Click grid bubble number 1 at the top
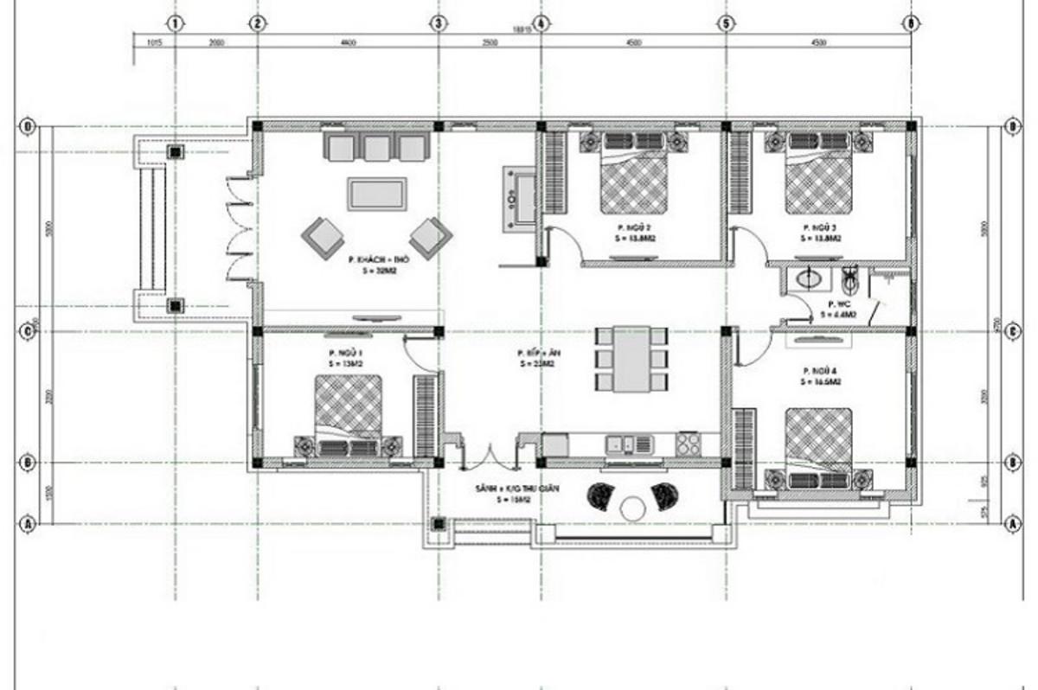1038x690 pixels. pyautogui.click(x=176, y=22)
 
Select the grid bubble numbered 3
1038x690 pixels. pyautogui.click(x=439, y=22)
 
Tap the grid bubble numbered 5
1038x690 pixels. pyautogui.click(x=725, y=22)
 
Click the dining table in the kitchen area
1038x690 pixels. pyautogui.click(x=631, y=359)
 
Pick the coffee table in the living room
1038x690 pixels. pyautogui.click(x=376, y=193)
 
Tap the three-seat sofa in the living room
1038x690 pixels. pyautogui.click(x=376, y=146)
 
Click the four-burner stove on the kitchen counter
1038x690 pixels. pyautogui.click(x=689, y=444)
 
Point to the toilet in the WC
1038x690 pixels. pyautogui.click(x=849, y=280)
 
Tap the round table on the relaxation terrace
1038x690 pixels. pyautogui.click(x=633, y=508)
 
